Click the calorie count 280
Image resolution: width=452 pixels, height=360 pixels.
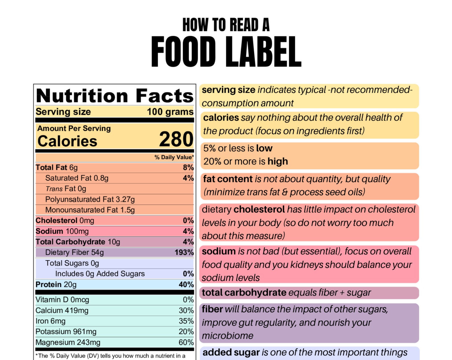click(x=176, y=139)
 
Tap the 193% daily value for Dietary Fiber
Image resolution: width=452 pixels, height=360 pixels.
click(x=184, y=252)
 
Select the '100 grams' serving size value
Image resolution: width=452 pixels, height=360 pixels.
click(x=170, y=112)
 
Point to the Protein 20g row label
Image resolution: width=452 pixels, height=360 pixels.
click(x=56, y=285)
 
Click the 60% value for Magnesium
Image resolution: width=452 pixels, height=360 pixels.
click(x=186, y=342)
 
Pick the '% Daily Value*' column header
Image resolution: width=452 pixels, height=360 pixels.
click(x=174, y=157)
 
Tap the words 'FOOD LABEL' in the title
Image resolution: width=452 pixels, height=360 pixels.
click(x=226, y=52)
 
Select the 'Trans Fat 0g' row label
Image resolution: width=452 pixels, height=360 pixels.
click(x=66, y=189)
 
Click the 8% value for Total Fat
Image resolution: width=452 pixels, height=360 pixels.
click(x=188, y=167)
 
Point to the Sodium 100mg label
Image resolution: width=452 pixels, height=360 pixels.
click(x=62, y=231)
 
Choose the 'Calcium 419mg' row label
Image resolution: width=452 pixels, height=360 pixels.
click(x=62, y=310)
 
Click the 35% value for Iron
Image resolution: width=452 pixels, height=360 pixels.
click(x=186, y=321)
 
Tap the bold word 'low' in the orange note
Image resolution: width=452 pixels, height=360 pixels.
click(x=264, y=148)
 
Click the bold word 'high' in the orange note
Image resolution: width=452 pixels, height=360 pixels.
click(x=278, y=161)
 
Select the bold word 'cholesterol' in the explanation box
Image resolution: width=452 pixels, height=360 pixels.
click(x=259, y=209)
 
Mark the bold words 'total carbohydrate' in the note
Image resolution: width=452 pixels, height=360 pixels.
click(x=244, y=292)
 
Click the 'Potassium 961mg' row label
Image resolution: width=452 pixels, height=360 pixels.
click(x=66, y=332)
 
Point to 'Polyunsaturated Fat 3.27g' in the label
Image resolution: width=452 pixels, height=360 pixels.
click(x=90, y=199)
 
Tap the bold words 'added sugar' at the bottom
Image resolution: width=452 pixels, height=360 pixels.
click(x=231, y=352)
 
